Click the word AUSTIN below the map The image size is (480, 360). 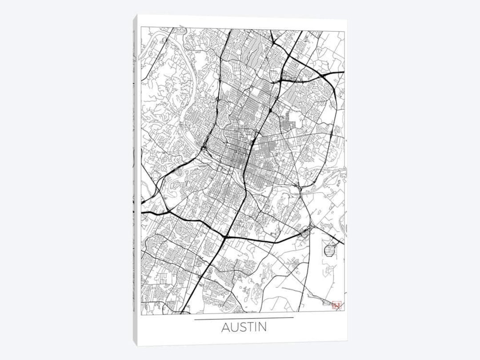(244, 327)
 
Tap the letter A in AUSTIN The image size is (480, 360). (226, 327)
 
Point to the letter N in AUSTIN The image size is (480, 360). (263, 327)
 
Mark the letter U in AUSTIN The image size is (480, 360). (235, 327)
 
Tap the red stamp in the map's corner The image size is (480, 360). (336, 305)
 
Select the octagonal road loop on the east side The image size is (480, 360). (330, 250)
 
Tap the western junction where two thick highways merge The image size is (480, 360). (168, 209)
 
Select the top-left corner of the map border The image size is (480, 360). (141, 28)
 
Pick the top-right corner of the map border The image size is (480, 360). (344, 32)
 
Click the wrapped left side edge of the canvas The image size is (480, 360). (135, 178)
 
